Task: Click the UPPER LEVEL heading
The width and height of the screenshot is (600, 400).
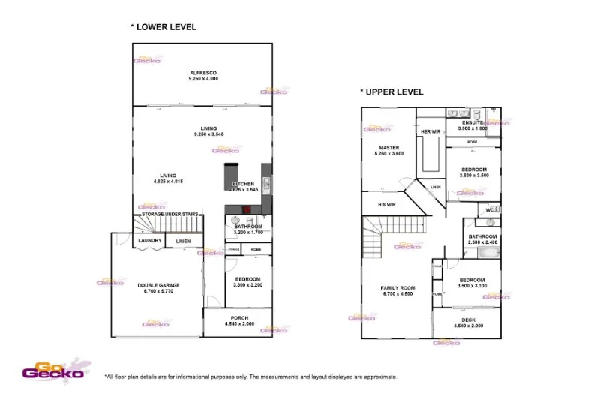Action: pyautogui.click(x=394, y=92)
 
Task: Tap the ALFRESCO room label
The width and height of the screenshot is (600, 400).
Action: pyautogui.click(x=202, y=73)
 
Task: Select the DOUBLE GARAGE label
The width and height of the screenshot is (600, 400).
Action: pyautogui.click(x=158, y=285)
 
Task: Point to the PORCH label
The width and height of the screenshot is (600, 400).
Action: pyautogui.click(x=239, y=319)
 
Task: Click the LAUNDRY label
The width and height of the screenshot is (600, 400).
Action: pyautogui.click(x=151, y=240)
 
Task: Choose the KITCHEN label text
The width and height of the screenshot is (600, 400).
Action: pyautogui.click(x=244, y=184)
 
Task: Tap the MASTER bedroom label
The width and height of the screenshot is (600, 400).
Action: pyautogui.click(x=388, y=148)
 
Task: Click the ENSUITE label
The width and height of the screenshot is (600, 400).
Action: pyautogui.click(x=472, y=122)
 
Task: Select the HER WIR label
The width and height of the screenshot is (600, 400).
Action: pyautogui.click(x=430, y=131)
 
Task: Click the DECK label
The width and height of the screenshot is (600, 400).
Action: pyautogui.click(x=468, y=320)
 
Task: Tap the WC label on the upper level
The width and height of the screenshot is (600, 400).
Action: pyautogui.click(x=490, y=209)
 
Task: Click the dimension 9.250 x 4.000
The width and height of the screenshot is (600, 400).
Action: pyautogui.click(x=202, y=79)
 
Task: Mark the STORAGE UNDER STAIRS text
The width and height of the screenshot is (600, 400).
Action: pyautogui.click(x=170, y=215)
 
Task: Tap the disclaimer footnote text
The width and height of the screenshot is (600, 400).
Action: pyautogui.click(x=251, y=377)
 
